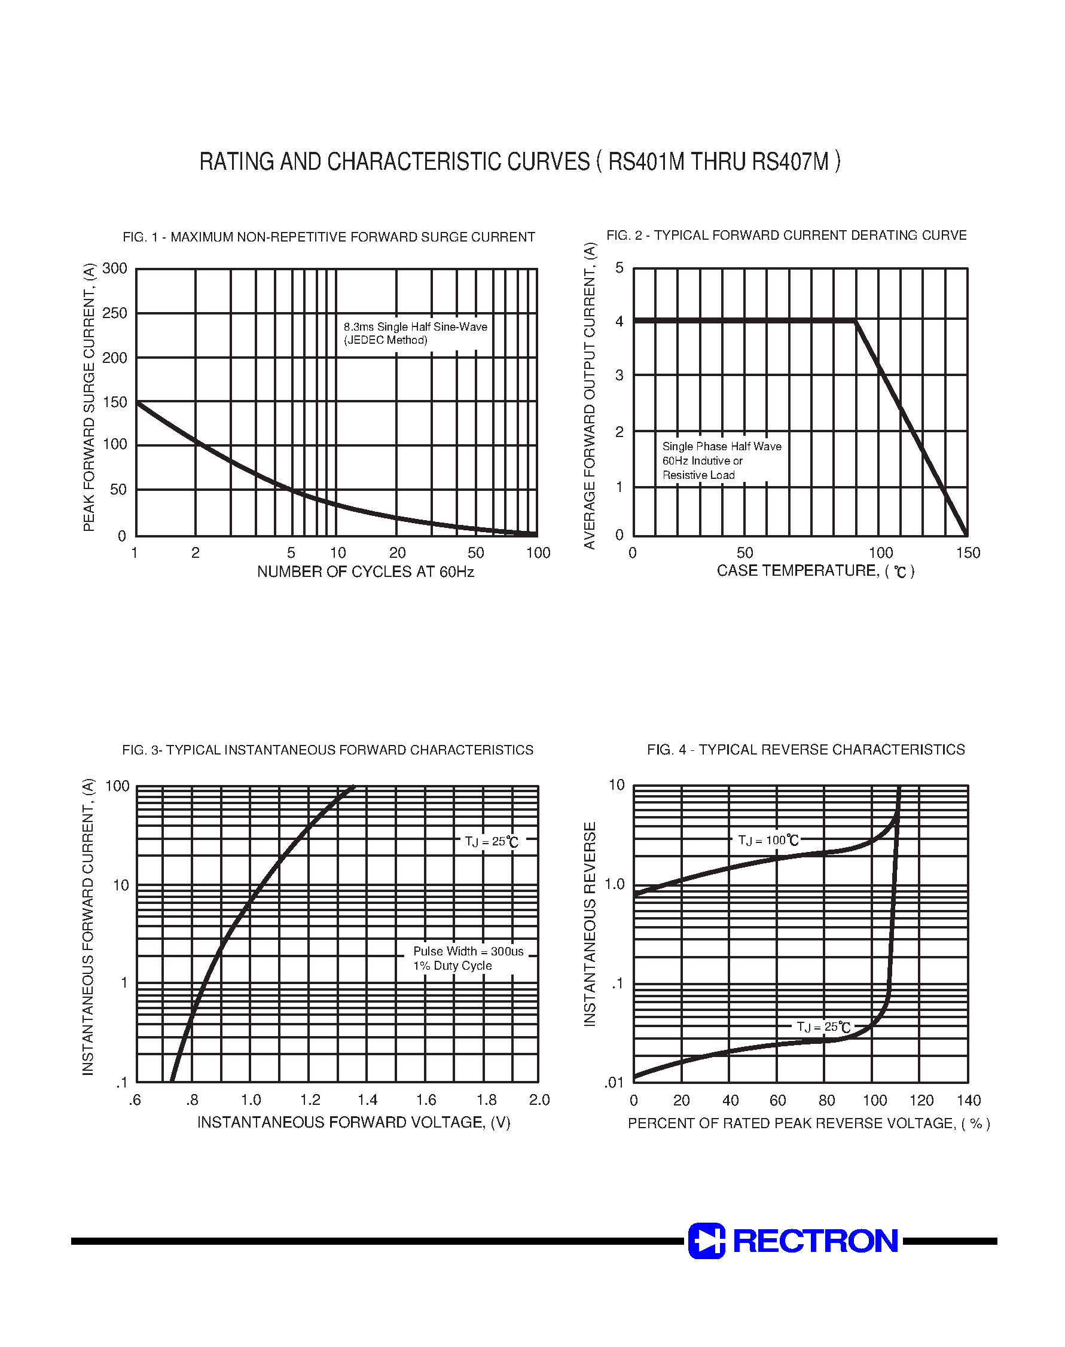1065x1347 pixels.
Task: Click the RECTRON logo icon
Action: coord(706,1241)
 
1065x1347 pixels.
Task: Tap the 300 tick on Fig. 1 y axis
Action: coord(115,268)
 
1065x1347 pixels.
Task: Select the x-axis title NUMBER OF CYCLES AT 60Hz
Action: coord(365,572)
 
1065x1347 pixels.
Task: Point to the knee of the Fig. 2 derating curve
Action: coord(855,321)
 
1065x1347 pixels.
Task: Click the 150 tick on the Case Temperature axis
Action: coord(968,553)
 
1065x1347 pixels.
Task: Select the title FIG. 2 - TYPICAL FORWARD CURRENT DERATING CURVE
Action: coord(786,236)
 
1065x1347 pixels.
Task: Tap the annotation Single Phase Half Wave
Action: coord(721,446)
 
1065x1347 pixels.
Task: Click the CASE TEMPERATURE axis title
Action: coord(815,571)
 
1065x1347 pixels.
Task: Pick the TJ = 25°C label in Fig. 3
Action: coord(492,841)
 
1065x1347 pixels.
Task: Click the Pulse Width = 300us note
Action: coord(468,951)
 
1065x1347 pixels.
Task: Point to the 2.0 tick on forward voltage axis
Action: coord(539,1100)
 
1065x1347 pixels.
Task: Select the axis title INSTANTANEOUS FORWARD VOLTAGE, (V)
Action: coord(353,1123)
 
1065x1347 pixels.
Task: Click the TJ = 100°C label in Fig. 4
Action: coord(768,840)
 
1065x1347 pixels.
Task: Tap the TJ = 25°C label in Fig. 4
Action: coord(823,1027)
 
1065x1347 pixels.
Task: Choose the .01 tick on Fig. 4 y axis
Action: coord(614,1082)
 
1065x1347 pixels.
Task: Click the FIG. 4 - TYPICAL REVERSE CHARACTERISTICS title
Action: coord(805,750)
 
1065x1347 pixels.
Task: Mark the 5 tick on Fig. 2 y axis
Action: coord(619,268)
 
